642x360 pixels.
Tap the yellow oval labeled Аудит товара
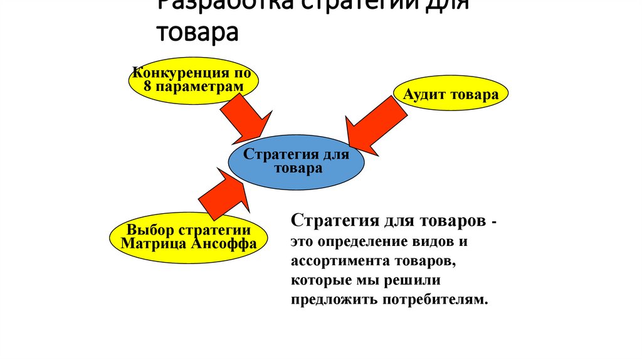pyautogui.click(x=451, y=95)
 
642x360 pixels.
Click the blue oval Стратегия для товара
pyautogui.click(x=296, y=161)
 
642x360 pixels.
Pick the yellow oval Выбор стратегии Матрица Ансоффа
pyautogui.click(x=189, y=236)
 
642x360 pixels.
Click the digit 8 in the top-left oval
pyautogui.click(x=147, y=86)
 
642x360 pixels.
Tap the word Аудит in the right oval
pyautogui.click(x=427, y=95)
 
